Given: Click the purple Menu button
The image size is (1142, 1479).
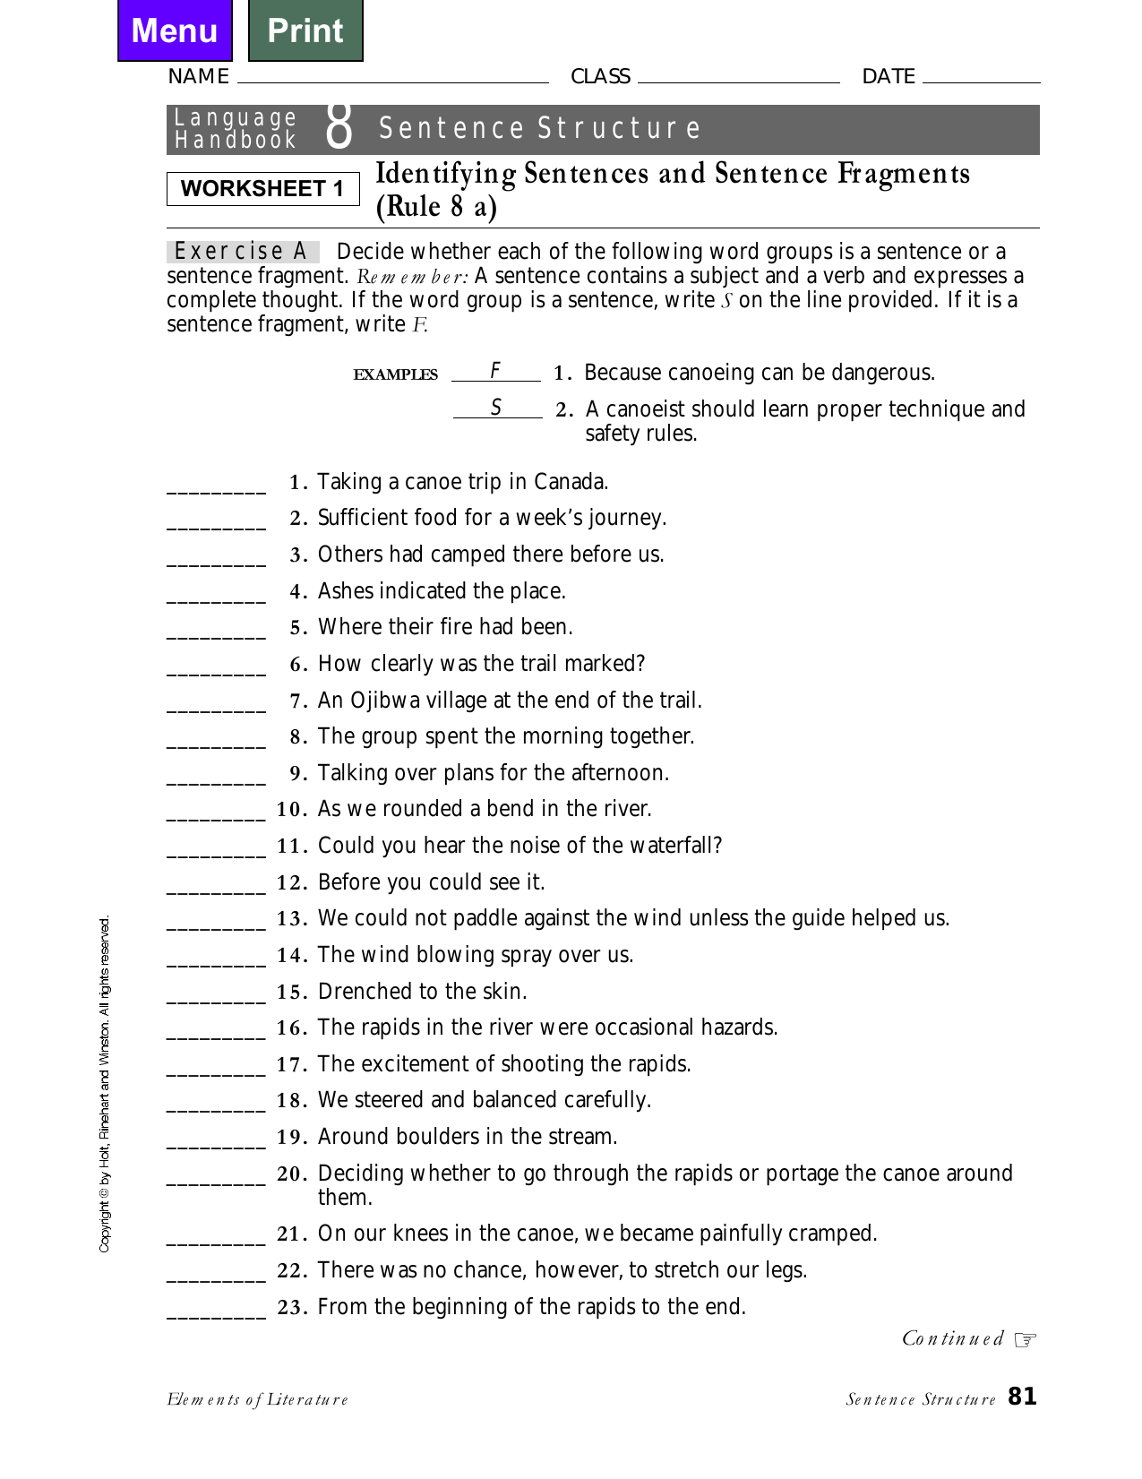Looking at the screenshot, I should coord(175,30).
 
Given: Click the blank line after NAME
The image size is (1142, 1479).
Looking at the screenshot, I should coord(392,79).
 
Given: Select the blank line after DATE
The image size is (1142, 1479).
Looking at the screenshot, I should coord(981,79).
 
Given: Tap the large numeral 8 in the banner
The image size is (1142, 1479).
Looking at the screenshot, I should coord(339,128).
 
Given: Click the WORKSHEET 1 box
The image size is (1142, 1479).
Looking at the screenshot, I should coord(262,189).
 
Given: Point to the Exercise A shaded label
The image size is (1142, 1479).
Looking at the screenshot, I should coord(242,252).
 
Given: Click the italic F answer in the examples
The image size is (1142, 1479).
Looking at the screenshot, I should coord(495,371).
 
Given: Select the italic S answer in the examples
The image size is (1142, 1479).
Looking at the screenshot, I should coord(496,408).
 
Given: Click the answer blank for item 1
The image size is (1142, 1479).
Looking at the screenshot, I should coord(216,487).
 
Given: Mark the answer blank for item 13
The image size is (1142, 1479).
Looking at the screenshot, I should coord(216,924).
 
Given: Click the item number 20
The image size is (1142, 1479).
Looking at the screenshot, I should coord(292,1174).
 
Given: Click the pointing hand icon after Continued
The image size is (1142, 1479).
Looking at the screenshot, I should coord(1026,1339).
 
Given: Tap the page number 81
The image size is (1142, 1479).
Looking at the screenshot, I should coord(1022,1397).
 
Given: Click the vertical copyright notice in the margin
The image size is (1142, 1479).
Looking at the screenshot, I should coord(105,1084).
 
